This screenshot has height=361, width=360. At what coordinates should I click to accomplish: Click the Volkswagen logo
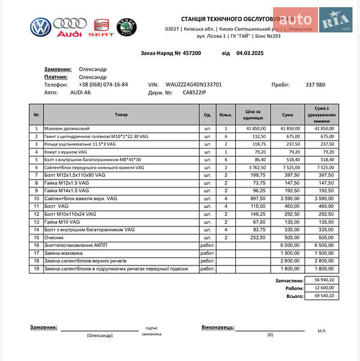(x=40, y=26)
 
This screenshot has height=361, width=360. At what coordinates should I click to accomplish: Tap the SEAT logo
(x=101, y=28)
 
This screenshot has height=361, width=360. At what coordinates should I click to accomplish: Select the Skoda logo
(x=127, y=28)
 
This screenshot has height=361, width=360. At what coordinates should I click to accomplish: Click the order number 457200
(x=189, y=53)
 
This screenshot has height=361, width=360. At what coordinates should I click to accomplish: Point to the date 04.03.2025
(x=250, y=53)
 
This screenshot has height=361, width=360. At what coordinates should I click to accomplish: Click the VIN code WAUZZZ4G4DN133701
(x=194, y=85)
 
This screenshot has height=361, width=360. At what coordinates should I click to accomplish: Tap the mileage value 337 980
(x=315, y=85)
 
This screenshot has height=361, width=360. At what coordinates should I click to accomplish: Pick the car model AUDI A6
(x=81, y=93)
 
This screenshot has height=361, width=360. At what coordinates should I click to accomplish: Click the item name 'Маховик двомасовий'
(x=67, y=129)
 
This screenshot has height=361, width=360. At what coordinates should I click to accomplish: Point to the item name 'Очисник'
(x=55, y=237)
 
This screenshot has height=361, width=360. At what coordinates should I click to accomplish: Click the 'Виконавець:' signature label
(x=217, y=327)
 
